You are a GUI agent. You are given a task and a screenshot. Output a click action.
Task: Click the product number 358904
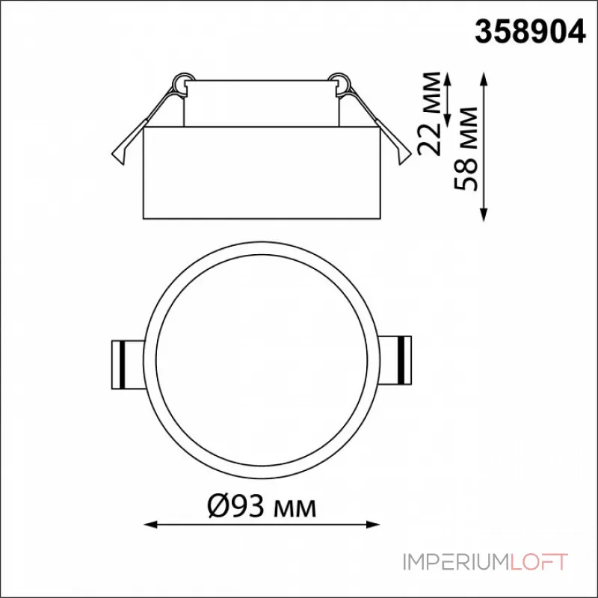pos(530,32)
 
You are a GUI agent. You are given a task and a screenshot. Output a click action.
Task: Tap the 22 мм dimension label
pos(429,114)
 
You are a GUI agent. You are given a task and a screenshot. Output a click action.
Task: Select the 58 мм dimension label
pos(465,148)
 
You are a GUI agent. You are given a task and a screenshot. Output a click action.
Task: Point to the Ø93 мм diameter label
pos(262,506)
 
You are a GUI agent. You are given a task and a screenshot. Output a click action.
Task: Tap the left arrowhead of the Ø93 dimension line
pos(151,525)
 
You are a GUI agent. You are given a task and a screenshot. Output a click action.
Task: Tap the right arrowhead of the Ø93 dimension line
pos(372,525)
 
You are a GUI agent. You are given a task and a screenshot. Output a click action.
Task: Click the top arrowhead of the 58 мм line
pos(484,79)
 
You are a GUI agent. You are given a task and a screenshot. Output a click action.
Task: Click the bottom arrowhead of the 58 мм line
pos(484,215)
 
